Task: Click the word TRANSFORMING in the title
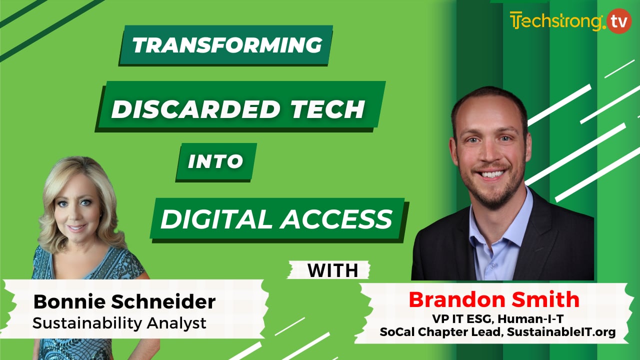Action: (x=226, y=45)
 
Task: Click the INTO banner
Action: (x=215, y=161)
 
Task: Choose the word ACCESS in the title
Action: (x=336, y=218)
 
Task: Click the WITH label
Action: (x=332, y=270)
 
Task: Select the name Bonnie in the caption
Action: (x=62, y=302)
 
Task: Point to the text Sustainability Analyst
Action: (x=119, y=323)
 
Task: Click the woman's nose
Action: (x=77, y=213)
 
